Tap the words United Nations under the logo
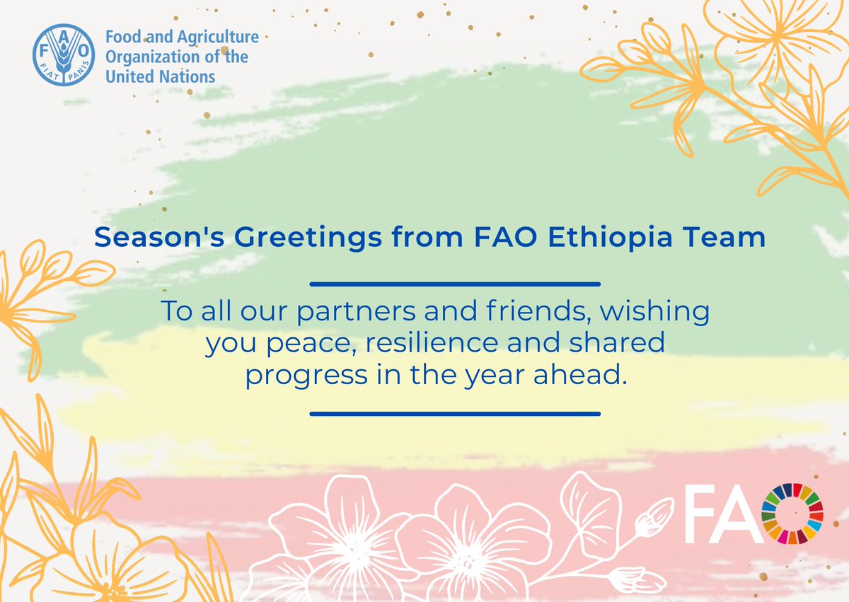pos(160,76)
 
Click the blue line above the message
pos(455,284)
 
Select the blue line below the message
pos(455,414)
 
